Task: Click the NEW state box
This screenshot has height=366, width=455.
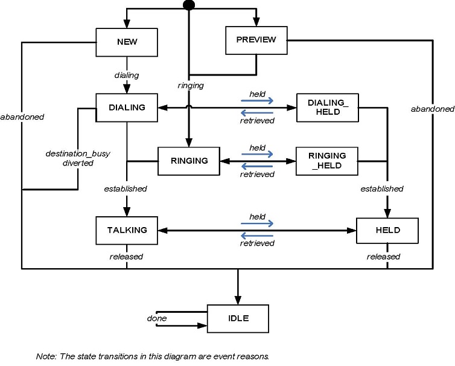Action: (127, 42)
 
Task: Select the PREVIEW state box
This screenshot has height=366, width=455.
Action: (256, 40)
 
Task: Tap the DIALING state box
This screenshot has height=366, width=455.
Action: (127, 108)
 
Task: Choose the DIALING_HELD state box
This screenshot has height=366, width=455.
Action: (328, 108)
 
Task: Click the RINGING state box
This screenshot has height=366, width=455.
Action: (188, 161)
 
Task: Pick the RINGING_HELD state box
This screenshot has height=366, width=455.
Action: (327, 160)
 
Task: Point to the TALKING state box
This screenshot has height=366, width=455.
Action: (127, 230)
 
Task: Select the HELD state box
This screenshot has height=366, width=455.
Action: (387, 230)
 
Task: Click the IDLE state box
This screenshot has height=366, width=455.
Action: (238, 318)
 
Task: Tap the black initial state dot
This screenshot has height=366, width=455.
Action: (189, 5)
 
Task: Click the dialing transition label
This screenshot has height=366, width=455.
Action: (127, 75)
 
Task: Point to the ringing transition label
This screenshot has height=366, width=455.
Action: (191, 86)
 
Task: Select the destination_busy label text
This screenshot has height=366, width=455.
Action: (69, 153)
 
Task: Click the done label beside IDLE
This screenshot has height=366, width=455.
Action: (157, 318)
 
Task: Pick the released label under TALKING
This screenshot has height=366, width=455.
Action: (126, 257)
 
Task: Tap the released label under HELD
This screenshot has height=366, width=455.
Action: (383, 257)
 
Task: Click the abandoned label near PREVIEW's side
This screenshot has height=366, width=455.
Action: (432, 109)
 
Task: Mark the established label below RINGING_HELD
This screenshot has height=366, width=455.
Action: (381, 189)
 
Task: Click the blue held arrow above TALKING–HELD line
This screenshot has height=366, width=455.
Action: (257, 223)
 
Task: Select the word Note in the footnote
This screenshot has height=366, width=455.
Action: (46, 356)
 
